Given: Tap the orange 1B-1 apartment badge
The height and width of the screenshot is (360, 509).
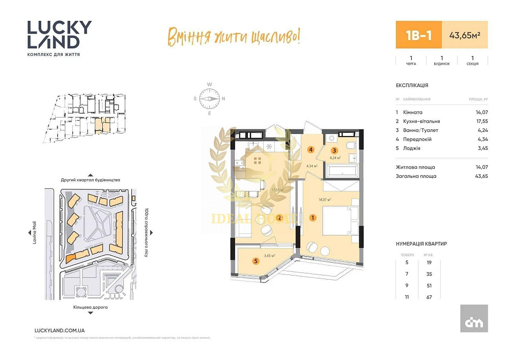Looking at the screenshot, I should (419, 35).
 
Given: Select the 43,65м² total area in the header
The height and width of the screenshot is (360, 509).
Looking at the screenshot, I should (465, 35).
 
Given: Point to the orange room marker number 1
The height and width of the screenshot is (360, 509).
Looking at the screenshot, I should (313, 217).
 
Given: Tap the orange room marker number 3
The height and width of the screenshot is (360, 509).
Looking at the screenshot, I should (334, 150).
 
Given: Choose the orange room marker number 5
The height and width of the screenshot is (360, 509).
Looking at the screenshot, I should (256, 261).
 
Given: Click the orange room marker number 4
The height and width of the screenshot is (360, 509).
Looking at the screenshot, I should (310, 150).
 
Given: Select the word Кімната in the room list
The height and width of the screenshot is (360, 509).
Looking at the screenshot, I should (413, 112).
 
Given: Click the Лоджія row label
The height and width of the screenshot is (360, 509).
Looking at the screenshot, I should (411, 148).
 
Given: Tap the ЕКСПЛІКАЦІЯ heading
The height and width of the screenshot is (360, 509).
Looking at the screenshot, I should (412, 86).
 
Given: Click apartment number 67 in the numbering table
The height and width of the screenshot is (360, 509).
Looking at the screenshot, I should (429, 297).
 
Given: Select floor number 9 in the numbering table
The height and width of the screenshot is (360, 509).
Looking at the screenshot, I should (407, 286).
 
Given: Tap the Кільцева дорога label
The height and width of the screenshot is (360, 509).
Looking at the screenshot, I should (91, 308).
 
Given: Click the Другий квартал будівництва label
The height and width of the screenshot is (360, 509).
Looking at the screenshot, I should (91, 180).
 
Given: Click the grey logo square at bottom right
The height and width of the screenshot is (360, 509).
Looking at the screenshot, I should (474, 318).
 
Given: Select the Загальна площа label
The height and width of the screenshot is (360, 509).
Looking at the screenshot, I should (416, 176).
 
